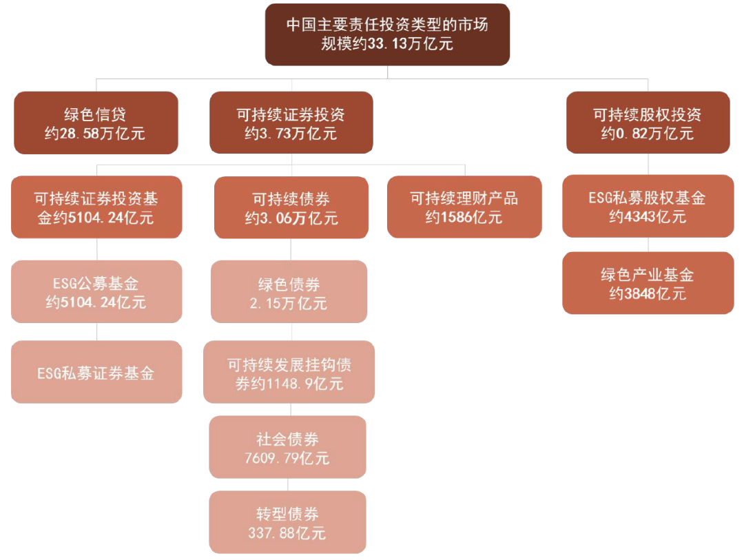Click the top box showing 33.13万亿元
click(387, 34)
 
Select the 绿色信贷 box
click(96, 123)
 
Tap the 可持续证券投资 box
click(291, 123)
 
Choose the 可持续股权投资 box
click(648, 123)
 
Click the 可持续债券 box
click(291, 208)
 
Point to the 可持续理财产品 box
click(464, 207)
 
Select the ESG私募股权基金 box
click(648, 207)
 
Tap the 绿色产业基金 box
click(648, 283)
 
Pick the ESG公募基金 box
click(96, 291)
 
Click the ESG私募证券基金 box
click(96, 373)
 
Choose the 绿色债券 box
click(289, 292)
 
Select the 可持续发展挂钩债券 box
click(289, 373)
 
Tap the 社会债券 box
click(287, 447)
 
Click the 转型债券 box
click(287, 522)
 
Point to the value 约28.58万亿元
click(95, 133)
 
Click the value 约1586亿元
click(464, 218)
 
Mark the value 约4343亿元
click(648, 217)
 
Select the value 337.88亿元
click(287, 532)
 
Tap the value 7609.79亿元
click(287, 457)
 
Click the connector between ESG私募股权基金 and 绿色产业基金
click(648, 245)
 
